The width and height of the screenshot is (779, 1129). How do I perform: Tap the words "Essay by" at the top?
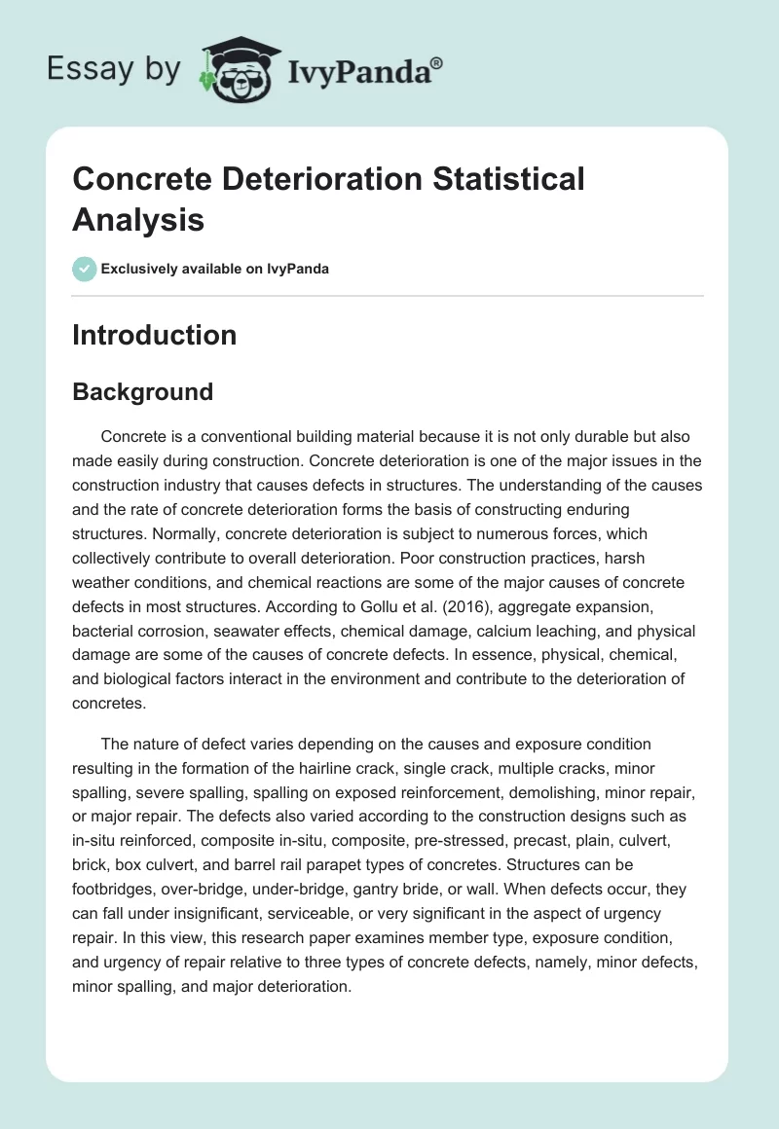(114, 69)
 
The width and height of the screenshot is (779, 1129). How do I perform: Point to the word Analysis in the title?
(138, 219)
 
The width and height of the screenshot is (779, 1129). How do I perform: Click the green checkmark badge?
(85, 269)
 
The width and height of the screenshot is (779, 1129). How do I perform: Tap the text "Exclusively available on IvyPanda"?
(215, 270)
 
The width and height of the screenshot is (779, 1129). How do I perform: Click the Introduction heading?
(154, 335)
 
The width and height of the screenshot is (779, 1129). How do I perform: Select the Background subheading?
(142, 392)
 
